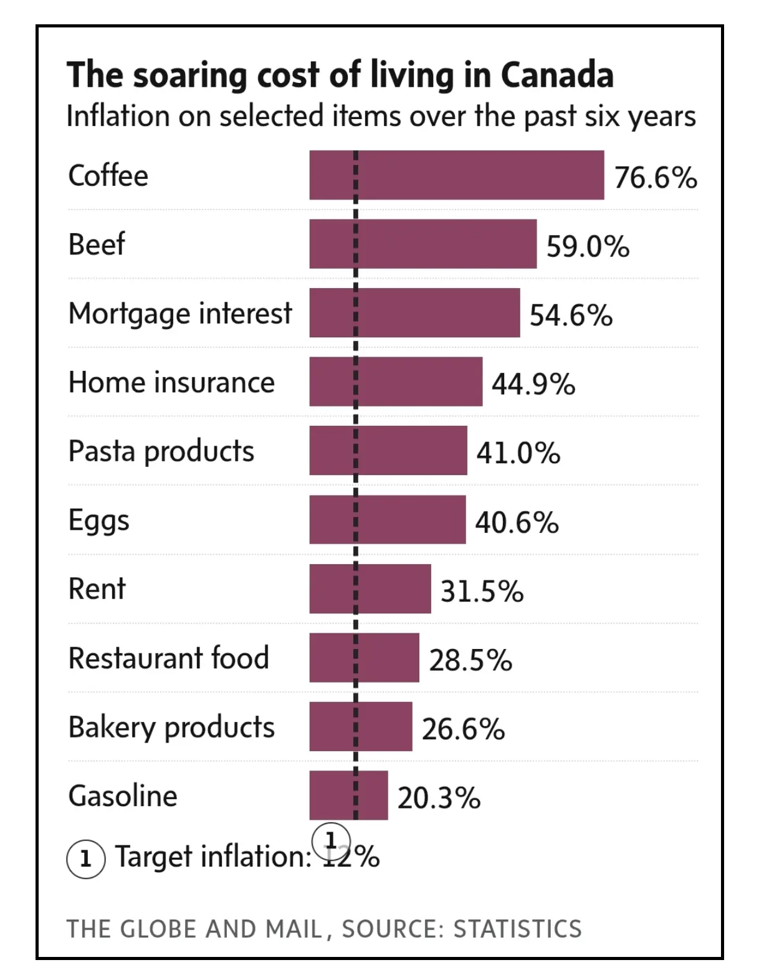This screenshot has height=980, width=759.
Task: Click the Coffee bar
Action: coord(456,175)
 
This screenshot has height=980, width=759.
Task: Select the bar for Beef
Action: coord(422,244)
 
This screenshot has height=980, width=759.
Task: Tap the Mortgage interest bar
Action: coord(414,312)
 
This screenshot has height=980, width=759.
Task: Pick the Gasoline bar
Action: coord(348,795)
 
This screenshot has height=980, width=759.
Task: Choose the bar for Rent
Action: coord(370,588)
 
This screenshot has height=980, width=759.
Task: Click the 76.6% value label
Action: coord(656,178)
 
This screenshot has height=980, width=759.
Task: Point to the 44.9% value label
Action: coord(533,384)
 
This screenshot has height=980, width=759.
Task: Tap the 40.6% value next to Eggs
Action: coord(517,522)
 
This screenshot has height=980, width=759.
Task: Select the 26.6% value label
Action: coord(463,729)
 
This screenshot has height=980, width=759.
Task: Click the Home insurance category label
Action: coord(171,382)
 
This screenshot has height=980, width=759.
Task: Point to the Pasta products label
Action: coord(161,451)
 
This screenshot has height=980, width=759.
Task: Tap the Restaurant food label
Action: coord(168,658)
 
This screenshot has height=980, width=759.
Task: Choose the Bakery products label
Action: coord(171,727)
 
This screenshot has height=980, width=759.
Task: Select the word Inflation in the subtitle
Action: coord(118,117)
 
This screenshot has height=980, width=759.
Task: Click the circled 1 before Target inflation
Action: coord(85,859)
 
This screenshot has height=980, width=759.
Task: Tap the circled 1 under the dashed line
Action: coord(331,840)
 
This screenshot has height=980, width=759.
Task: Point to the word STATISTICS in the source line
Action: coord(517,929)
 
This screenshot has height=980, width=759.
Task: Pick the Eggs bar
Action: coord(387,519)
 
